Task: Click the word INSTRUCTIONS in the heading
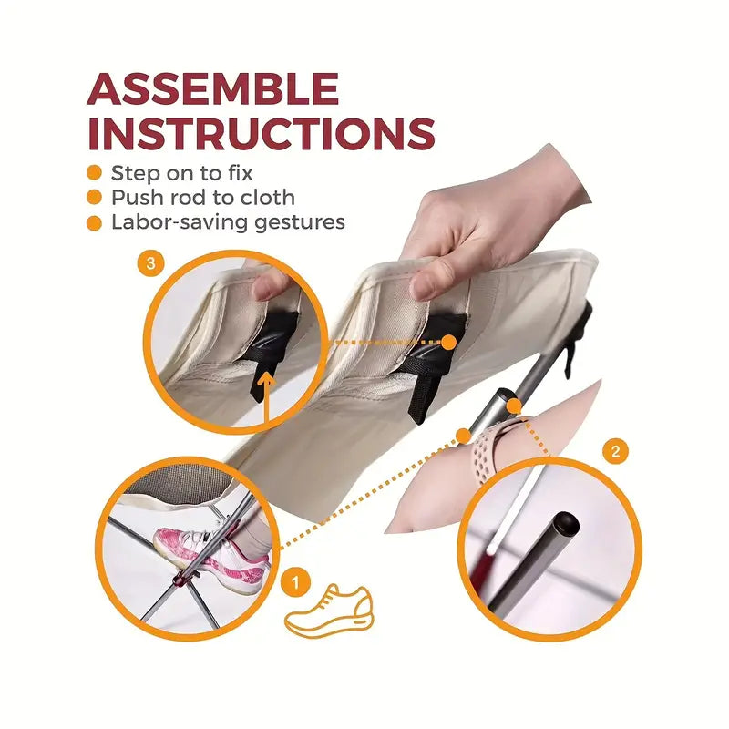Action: pyautogui.click(x=261, y=134)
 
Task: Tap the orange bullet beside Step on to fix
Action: pyautogui.click(x=94, y=172)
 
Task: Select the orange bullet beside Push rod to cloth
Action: pyautogui.click(x=94, y=198)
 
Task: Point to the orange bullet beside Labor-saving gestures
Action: pyautogui.click(x=94, y=222)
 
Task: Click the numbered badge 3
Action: pyautogui.click(x=152, y=264)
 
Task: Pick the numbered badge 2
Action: pyautogui.click(x=615, y=451)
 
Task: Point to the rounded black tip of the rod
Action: pyautogui.click(x=566, y=522)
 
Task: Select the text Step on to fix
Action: pyautogui.click(x=181, y=172)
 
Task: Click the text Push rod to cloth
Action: pyautogui.click(x=202, y=198)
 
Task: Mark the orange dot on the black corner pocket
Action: pyautogui.click(x=447, y=342)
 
